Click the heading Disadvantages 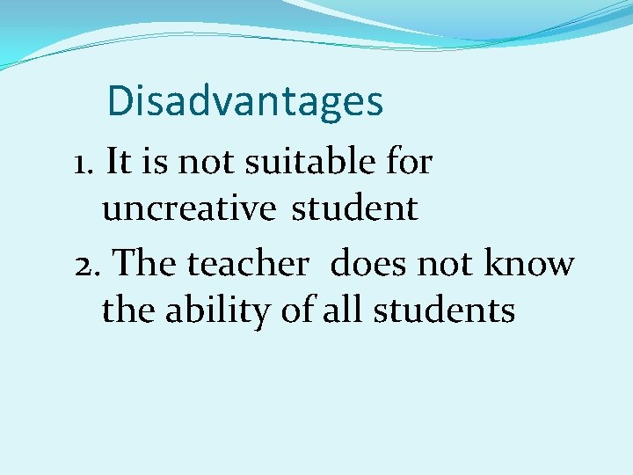(x=244, y=102)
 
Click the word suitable (x=302, y=163)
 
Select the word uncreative (x=189, y=209)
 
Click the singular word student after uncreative (x=354, y=209)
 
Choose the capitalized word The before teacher (x=147, y=263)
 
